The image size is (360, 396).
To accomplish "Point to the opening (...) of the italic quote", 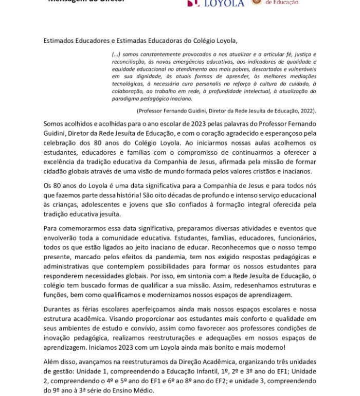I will (x=116, y=54).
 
